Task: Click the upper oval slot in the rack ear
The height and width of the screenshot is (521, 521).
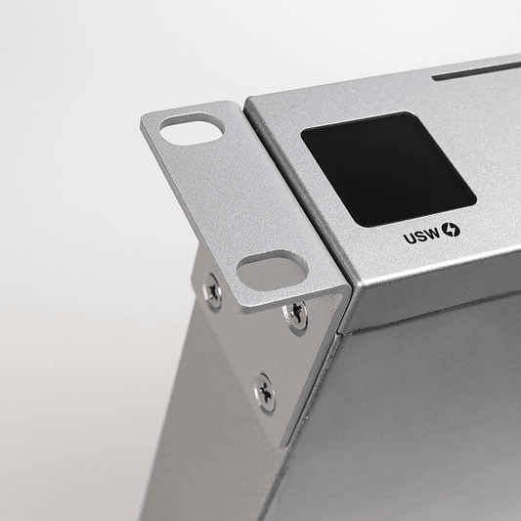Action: (x=192, y=129)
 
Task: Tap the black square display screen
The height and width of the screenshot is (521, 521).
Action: (x=388, y=169)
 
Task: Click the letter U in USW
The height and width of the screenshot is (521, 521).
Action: (x=410, y=239)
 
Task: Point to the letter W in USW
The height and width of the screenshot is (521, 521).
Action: (x=433, y=234)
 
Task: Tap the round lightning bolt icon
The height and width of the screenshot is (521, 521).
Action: (x=451, y=230)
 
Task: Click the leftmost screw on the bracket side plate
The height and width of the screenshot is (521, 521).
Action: (x=213, y=292)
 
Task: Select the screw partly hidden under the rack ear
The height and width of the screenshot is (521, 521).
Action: (x=295, y=316)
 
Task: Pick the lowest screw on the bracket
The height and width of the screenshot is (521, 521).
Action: (x=265, y=394)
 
